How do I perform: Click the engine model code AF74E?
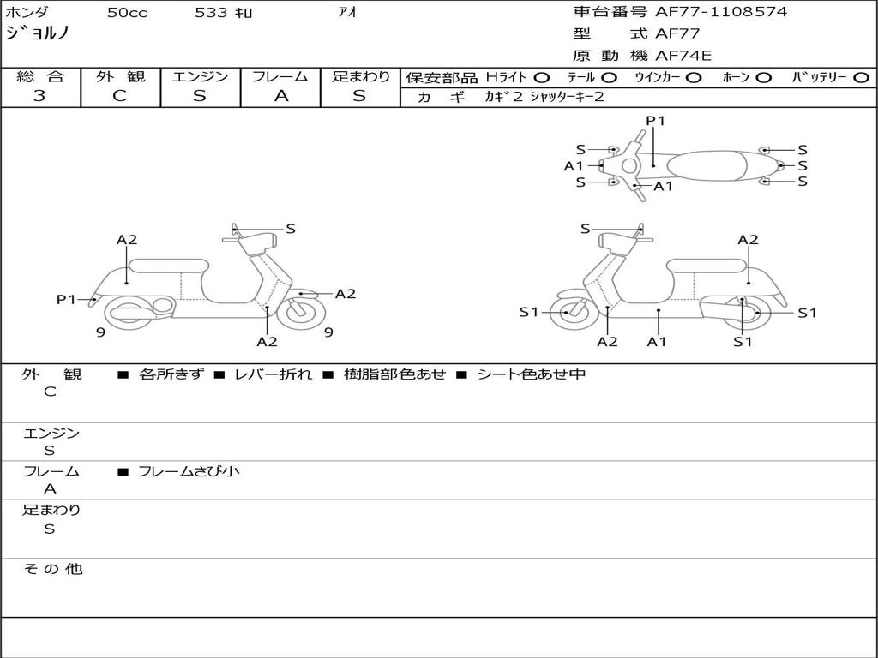683,56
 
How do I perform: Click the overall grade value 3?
39,96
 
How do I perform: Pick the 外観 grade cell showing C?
120,96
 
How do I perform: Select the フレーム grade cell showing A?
280,96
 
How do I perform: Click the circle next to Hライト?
542,77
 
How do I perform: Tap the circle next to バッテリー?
862,77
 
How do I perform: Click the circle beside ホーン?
763,77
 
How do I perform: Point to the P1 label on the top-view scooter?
656,121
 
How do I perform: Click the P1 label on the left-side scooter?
66,299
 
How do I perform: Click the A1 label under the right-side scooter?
657,342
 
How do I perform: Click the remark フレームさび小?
189,471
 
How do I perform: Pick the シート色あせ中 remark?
532,374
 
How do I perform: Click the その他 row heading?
52,569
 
